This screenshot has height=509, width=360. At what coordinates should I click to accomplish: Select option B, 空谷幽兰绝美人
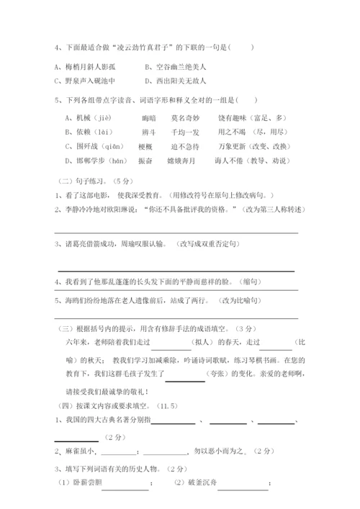pyautogui.click(x=175, y=66)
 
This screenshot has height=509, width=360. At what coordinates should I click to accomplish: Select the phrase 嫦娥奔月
pyautogui.click(x=181, y=161)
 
